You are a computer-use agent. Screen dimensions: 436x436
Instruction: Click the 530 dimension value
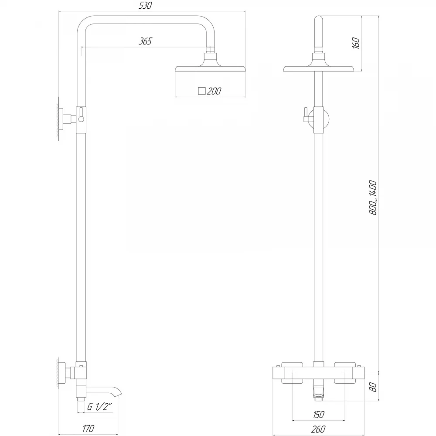tap(145, 6)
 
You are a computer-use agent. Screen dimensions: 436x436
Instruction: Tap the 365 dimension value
tap(145, 41)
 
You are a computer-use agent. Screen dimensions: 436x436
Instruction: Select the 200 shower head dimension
tap(214, 91)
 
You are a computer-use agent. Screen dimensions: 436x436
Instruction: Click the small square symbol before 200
tap(201, 91)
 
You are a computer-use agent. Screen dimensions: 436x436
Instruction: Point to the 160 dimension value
tap(356, 43)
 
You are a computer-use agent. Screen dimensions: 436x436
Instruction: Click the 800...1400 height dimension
tap(373, 198)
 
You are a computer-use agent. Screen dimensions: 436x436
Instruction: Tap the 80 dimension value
tap(374, 387)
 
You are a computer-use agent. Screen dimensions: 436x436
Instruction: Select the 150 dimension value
tap(318, 415)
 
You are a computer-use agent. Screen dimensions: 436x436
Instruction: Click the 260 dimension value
tap(318, 429)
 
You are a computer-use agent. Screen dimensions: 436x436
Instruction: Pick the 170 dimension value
tap(88, 429)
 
